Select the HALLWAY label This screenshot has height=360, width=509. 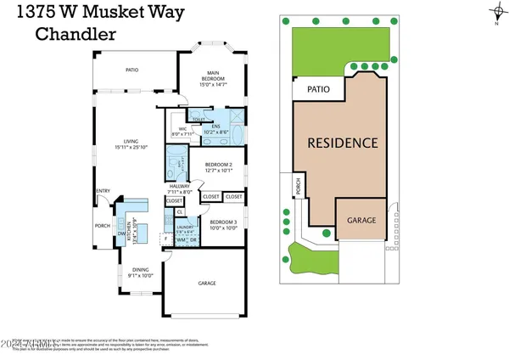point(179,188)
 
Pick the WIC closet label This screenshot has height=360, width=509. point(182,130)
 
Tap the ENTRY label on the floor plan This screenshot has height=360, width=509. point(103,191)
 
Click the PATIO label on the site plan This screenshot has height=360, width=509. point(317,87)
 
